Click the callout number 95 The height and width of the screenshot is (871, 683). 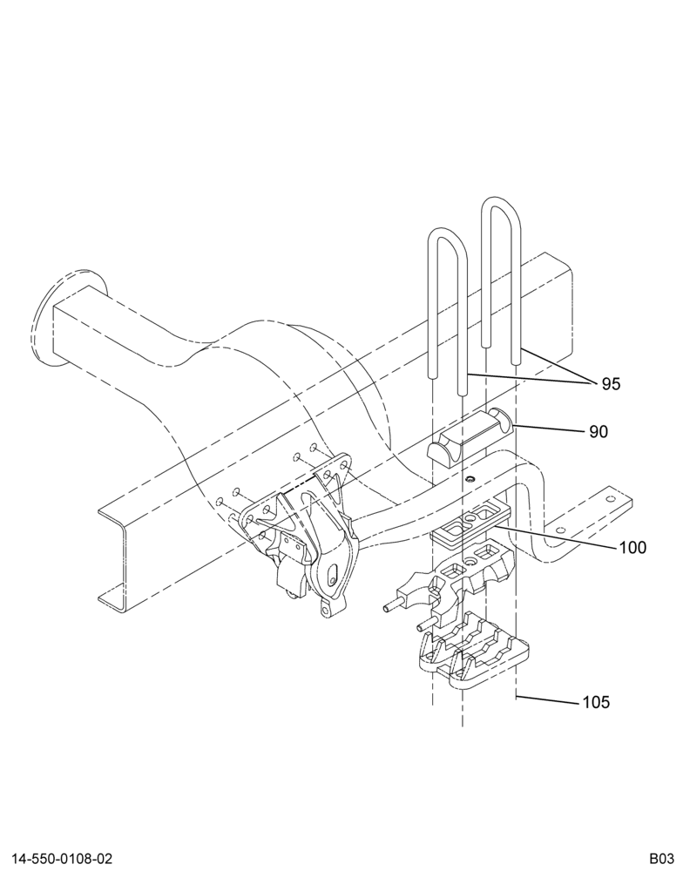(x=611, y=384)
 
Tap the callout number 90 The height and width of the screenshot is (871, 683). (x=598, y=432)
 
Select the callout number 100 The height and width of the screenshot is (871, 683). (x=633, y=548)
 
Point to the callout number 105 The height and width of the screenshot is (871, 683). (x=596, y=703)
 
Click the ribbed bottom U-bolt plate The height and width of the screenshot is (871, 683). (x=471, y=650)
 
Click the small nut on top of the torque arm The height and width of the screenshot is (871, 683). (x=470, y=478)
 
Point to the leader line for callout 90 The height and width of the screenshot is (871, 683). (x=546, y=429)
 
